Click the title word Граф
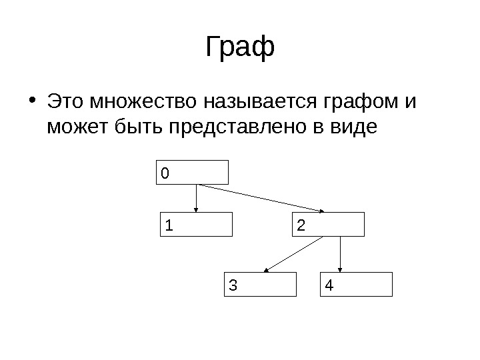[x=240, y=48]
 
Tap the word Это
[x=67, y=104]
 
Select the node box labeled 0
[x=193, y=172]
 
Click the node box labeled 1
[x=197, y=225]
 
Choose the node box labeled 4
[x=357, y=284]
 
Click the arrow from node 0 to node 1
[x=196, y=198]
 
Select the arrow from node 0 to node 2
[x=260, y=198]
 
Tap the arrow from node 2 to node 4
[x=341, y=254]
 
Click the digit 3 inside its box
[x=232, y=285]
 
